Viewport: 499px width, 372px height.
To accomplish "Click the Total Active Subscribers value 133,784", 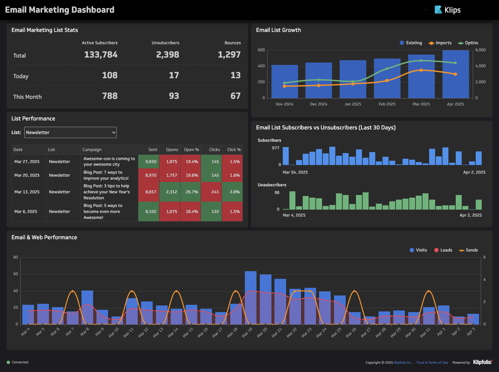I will click(101, 55).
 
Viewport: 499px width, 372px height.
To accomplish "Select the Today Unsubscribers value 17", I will click(174, 75).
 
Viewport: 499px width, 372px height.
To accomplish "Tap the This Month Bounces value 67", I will click(235, 96).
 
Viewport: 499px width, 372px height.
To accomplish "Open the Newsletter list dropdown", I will click(70, 133).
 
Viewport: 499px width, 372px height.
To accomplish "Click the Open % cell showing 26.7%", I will click(191, 192).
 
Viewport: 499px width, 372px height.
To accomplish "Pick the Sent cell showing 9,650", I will click(150, 162).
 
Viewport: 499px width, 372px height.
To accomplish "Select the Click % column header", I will click(233, 150).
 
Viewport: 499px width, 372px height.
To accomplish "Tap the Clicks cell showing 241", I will click(215, 192).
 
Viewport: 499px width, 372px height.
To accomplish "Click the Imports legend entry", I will click(440, 43).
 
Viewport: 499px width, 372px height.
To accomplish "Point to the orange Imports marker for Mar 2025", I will click(421, 70).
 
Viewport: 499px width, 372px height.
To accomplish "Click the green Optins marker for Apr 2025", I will click(455, 63).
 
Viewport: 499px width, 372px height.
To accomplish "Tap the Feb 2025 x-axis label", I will click(387, 104).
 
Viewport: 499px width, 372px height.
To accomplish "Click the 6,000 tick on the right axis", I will click(480, 50).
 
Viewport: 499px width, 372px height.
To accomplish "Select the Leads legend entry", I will click(443, 250).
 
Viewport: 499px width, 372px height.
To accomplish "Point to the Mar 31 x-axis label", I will click(425, 332).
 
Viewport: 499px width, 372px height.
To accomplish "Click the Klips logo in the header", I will click(447, 10).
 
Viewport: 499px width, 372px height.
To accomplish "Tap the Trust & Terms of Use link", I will click(432, 362).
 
